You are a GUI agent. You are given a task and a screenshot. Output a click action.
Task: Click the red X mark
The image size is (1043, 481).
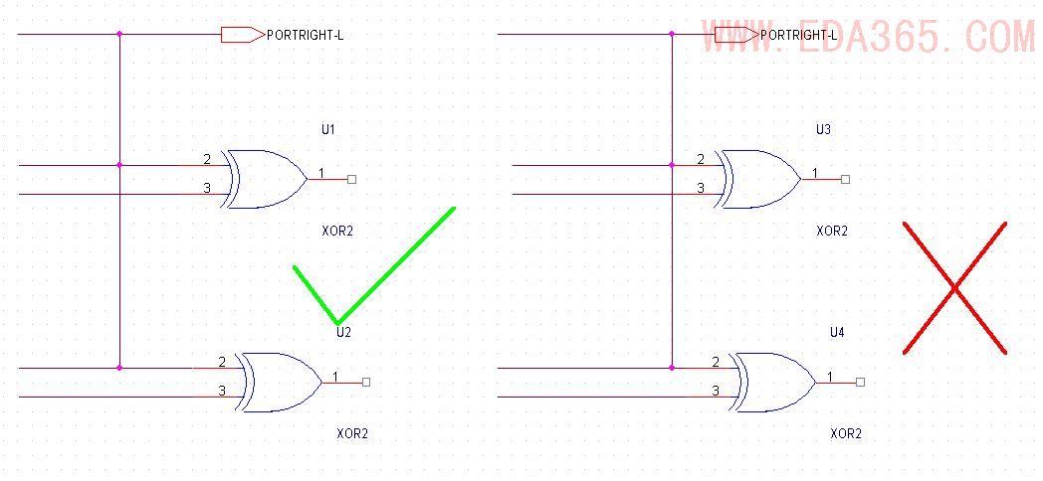pyautogui.click(x=954, y=288)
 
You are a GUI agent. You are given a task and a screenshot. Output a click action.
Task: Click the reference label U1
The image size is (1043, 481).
pyautogui.click(x=328, y=129)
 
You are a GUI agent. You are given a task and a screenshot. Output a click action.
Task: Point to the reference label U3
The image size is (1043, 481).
pyautogui.click(x=823, y=129)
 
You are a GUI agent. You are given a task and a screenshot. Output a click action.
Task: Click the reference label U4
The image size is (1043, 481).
pyautogui.click(x=837, y=332)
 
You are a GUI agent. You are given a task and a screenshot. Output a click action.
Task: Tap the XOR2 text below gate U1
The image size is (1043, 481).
pyautogui.click(x=337, y=231)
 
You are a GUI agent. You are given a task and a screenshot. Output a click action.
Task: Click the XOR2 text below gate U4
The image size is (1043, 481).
pyautogui.click(x=846, y=433)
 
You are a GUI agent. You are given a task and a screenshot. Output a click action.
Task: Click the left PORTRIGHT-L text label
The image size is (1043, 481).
pyautogui.click(x=306, y=35)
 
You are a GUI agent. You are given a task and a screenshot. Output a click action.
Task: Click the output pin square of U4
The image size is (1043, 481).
pyautogui.click(x=860, y=382)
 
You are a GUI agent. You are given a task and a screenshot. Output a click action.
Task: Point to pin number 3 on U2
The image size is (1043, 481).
pyautogui.click(x=222, y=391)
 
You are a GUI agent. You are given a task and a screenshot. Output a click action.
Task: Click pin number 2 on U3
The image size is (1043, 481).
pyautogui.click(x=701, y=159)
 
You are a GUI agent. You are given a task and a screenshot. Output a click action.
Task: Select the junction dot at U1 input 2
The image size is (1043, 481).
pyautogui.click(x=119, y=165)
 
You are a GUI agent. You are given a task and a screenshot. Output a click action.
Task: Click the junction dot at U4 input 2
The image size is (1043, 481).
pyautogui.click(x=672, y=368)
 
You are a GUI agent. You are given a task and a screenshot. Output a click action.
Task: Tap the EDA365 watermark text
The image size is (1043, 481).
pyautogui.click(x=866, y=37)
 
